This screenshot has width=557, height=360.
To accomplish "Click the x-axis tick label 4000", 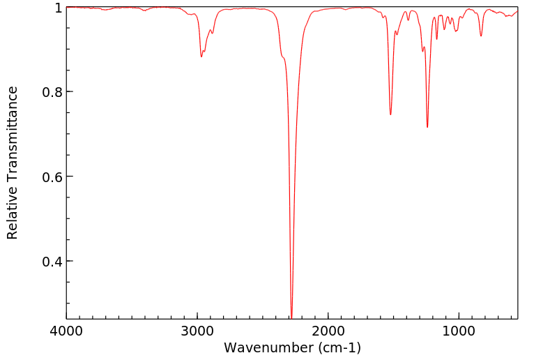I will pos(67,330).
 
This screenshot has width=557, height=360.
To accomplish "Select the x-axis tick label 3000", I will pos(197,330).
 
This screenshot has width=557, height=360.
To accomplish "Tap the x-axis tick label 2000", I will pos(328,330).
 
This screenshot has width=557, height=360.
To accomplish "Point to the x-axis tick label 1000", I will pos(458,330).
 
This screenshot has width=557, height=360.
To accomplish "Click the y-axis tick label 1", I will pos(59,8).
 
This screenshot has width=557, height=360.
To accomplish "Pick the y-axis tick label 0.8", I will pos(53,92).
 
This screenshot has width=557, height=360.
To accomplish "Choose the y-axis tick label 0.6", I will pos(53,177).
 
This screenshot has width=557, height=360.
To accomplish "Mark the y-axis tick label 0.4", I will pos(53,262).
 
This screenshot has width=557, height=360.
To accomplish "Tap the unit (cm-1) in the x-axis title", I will pos(339,347).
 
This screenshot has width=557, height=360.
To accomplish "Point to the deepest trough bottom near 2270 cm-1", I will pos(291,316).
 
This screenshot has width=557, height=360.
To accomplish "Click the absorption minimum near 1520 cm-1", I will pos(390,114).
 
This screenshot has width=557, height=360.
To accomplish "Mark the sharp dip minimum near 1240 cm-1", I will pos(427,127).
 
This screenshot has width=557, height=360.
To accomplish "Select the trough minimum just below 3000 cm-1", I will pos(201,57).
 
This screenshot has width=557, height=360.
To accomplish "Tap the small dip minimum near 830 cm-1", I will pos(481,36).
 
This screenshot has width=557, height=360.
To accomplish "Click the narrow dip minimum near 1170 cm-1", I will pos(437,39).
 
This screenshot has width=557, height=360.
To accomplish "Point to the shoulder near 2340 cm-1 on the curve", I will pos(283,58).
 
